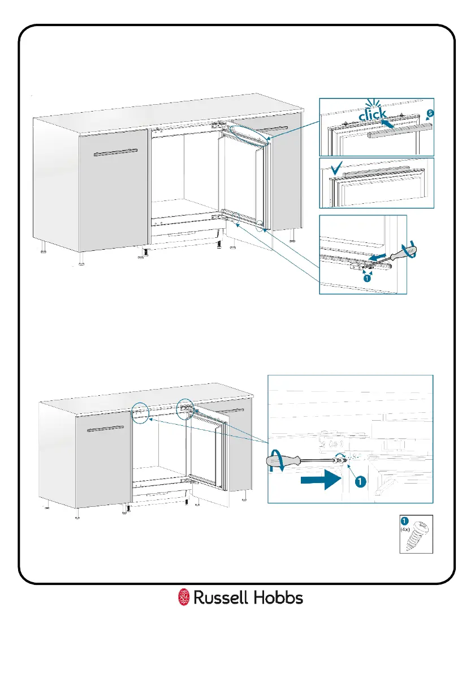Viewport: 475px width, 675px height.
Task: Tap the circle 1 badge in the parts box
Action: [x=405, y=521]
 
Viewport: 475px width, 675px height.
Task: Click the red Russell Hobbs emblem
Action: [x=183, y=597]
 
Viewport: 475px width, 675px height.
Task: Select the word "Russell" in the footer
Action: [x=220, y=597]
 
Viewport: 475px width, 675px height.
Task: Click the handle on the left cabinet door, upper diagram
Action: [x=115, y=151]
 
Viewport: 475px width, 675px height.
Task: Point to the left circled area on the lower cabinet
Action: [x=139, y=412]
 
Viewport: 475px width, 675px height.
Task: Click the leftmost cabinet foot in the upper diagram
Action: [x=44, y=247]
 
